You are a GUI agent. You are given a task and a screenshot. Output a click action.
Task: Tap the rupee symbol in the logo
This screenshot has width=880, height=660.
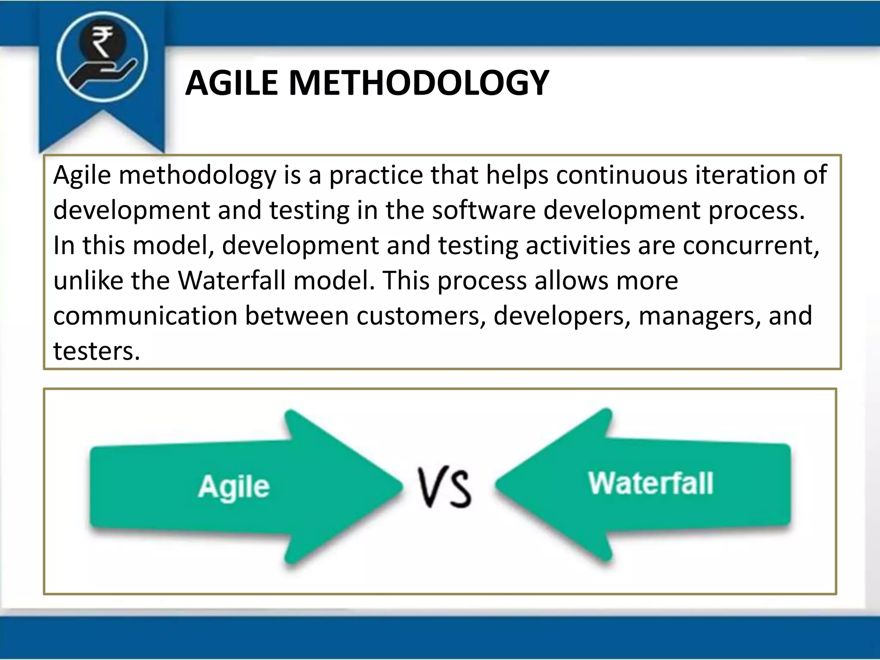point(102,42)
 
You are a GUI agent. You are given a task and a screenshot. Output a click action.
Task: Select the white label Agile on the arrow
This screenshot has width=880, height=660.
point(234,487)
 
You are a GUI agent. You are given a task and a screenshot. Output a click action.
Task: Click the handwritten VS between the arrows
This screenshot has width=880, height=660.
point(445,488)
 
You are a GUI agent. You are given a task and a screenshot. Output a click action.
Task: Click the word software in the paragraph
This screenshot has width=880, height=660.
point(483,211)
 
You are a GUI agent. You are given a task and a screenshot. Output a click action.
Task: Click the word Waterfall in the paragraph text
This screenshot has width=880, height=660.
point(232,281)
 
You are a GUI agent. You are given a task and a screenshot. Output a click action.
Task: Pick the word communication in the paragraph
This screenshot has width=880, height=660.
point(145,316)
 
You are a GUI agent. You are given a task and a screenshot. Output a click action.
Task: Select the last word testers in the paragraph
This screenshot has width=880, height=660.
point(96,351)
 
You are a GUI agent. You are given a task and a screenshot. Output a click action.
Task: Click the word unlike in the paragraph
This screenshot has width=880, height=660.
point(88,281)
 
